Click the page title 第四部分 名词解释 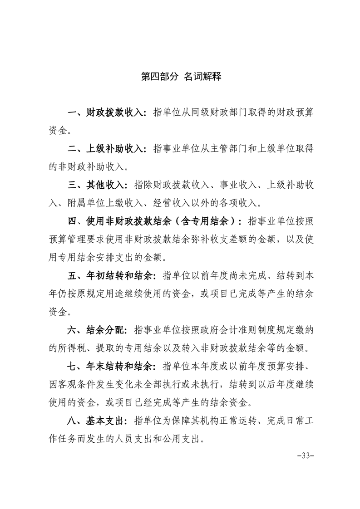(x=180, y=76)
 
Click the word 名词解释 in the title (x=203, y=76)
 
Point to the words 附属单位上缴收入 (x=100, y=203)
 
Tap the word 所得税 (x=72, y=348)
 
